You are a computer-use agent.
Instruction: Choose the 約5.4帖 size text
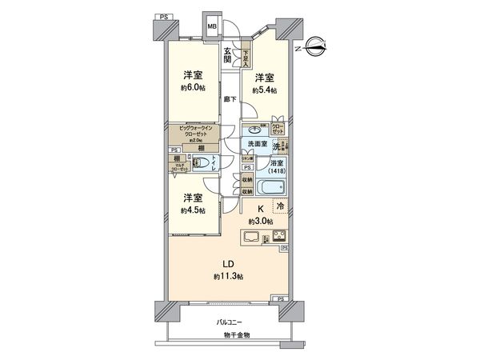click(x=264, y=90)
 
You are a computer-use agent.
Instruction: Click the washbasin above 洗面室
click(x=254, y=130)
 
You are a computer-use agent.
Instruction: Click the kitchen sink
click(x=249, y=237)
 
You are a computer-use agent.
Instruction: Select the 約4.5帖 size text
click(x=192, y=210)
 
